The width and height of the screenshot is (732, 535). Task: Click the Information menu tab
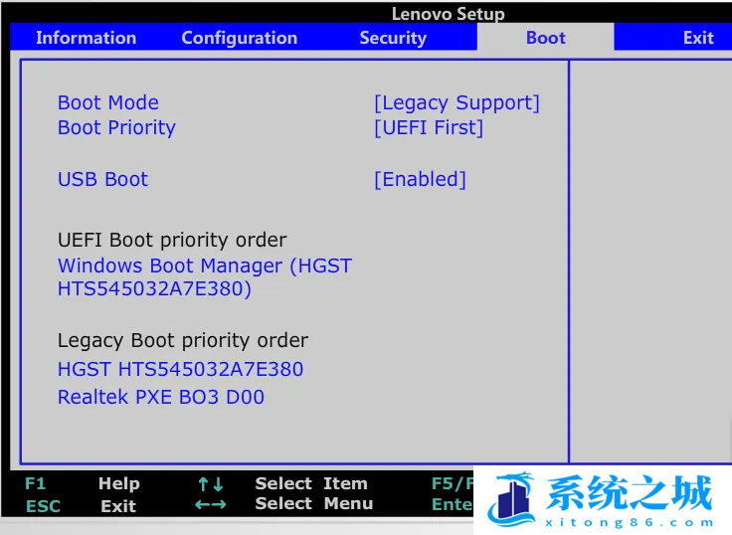[x=86, y=38]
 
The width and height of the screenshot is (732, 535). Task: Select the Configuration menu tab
[x=240, y=38]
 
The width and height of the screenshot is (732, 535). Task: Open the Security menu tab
[x=393, y=38]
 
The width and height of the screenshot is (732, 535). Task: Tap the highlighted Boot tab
[x=546, y=38]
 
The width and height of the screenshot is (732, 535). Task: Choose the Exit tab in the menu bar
[x=698, y=38]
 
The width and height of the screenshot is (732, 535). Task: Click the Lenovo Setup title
[x=449, y=14]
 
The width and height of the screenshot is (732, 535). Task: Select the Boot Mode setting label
[x=108, y=102]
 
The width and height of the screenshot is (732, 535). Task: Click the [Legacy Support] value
[x=457, y=103]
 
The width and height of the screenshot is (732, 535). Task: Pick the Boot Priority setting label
[x=116, y=128]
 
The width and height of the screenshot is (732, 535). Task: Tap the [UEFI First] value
[x=429, y=128]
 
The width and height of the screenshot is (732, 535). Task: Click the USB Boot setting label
[x=103, y=179]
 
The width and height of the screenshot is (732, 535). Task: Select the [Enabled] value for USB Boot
[x=420, y=180]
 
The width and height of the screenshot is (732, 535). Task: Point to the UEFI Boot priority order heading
[x=172, y=241]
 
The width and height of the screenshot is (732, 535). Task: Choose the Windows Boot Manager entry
[x=205, y=277]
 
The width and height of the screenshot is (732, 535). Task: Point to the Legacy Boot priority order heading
[x=183, y=341]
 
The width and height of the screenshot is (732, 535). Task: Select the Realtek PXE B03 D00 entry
[x=161, y=398]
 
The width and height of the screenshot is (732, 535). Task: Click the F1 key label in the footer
[x=36, y=483]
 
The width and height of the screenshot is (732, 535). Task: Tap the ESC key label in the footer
[x=43, y=506]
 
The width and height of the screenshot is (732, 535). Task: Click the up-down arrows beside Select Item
[x=211, y=484]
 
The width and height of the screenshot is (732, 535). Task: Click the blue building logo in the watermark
[x=511, y=499]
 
